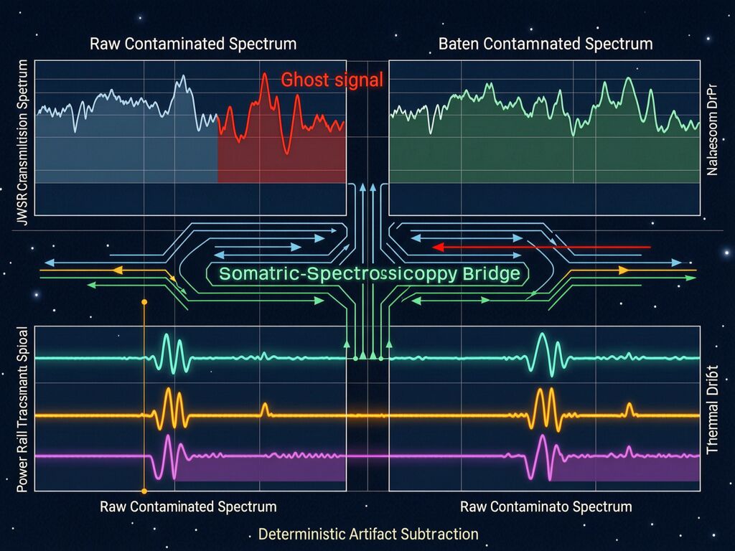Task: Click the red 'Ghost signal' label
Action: pyautogui.click(x=332, y=80)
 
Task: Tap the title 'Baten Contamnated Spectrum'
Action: pyautogui.click(x=546, y=44)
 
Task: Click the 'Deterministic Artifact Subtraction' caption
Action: pyautogui.click(x=367, y=534)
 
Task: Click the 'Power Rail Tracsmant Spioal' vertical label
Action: pyautogui.click(x=22, y=409)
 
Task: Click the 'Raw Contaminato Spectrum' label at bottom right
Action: pyautogui.click(x=546, y=507)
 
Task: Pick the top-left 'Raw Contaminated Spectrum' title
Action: pyautogui.click(x=193, y=44)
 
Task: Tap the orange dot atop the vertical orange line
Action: pyautogui.click(x=144, y=302)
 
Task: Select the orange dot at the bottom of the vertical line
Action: pyautogui.click(x=144, y=491)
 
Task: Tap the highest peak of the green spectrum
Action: pyautogui.click(x=629, y=79)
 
